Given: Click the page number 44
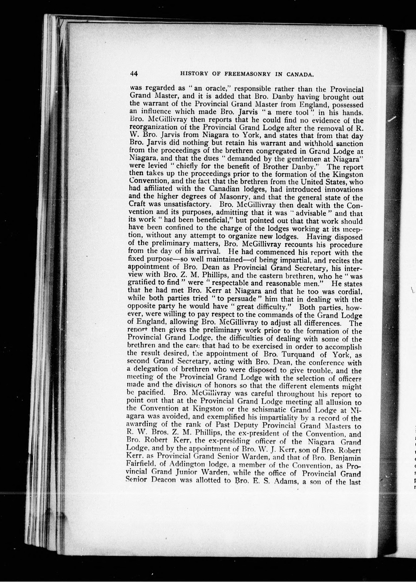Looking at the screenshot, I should point(134,74).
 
